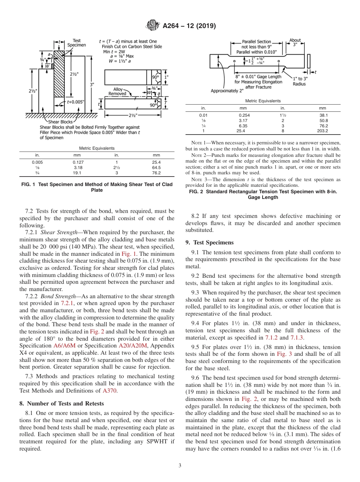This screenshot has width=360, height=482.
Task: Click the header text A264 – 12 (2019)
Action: pyautogui.click(x=189, y=26)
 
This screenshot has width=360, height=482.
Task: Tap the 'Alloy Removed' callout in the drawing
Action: pyautogui.click(x=117, y=91)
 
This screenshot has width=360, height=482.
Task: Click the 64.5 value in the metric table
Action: pyautogui.click(x=156, y=167)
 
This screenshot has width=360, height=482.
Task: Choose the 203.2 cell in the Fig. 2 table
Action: pyautogui.click(x=322, y=131)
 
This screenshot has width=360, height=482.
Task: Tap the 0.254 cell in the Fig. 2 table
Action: pyautogui.click(x=244, y=115)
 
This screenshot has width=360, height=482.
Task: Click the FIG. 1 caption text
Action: pyautogui.click(x=97, y=187)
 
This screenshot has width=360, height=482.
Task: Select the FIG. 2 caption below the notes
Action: pyautogui.click(x=263, y=194)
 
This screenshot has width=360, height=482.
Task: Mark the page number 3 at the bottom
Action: pyautogui.click(x=180, y=466)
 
